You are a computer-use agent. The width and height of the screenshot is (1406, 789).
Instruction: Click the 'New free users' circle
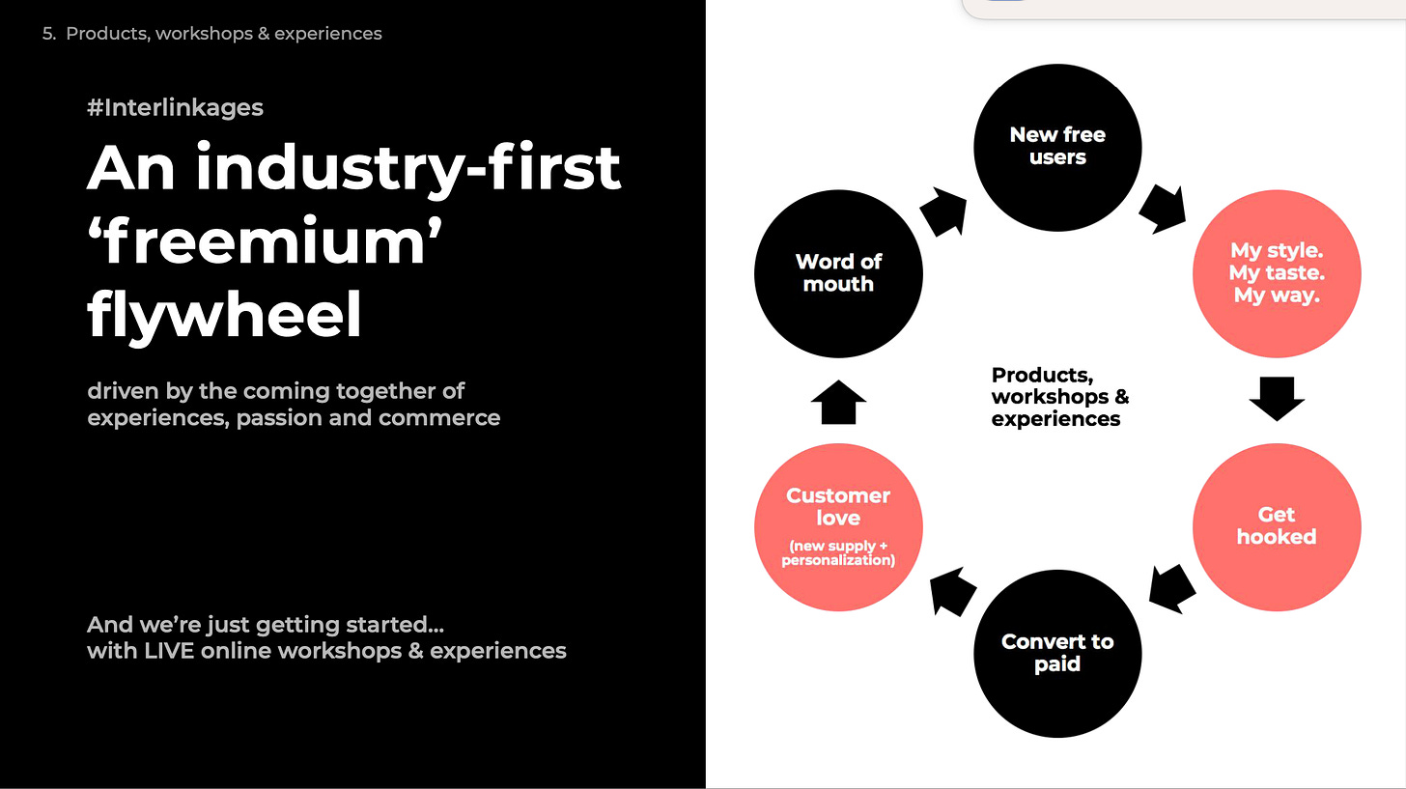click(x=1057, y=147)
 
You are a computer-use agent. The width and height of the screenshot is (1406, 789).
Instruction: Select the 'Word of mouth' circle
click(x=838, y=273)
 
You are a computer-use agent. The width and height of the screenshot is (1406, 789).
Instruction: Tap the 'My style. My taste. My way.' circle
click(x=1277, y=273)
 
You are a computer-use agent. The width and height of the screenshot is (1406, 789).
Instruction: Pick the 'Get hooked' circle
click(x=1277, y=526)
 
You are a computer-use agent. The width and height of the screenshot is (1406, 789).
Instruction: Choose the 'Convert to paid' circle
click(x=1057, y=653)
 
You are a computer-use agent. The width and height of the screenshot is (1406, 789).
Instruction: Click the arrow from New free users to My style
click(x=1162, y=210)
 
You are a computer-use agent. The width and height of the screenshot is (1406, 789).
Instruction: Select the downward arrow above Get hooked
click(x=1277, y=398)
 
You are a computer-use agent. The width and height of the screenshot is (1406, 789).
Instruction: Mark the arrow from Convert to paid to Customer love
click(x=952, y=591)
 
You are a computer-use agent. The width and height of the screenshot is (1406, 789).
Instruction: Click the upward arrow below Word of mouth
click(x=838, y=402)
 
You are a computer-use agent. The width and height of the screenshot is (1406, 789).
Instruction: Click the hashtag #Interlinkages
click(x=175, y=107)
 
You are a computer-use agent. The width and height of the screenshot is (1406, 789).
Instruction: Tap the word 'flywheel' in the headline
click(x=224, y=314)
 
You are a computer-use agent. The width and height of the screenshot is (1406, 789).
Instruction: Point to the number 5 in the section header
click(x=48, y=34)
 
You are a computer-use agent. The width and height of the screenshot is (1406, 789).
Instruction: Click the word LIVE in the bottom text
click(x=170, y=651)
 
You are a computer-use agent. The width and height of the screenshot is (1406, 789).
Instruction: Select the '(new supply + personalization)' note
click(x=838, y=553)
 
